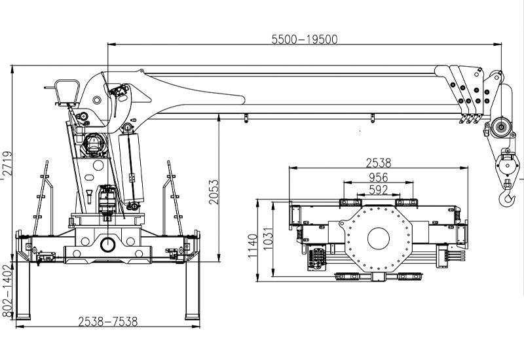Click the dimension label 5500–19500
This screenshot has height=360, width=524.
305,39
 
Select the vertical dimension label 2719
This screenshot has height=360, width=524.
7,163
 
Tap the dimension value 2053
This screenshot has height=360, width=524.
214,192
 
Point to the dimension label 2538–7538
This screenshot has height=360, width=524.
108,321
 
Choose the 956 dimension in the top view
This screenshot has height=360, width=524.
379,177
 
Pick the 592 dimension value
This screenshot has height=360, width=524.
379,190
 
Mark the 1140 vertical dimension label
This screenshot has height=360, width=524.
253,246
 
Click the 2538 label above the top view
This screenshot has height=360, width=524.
379,163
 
